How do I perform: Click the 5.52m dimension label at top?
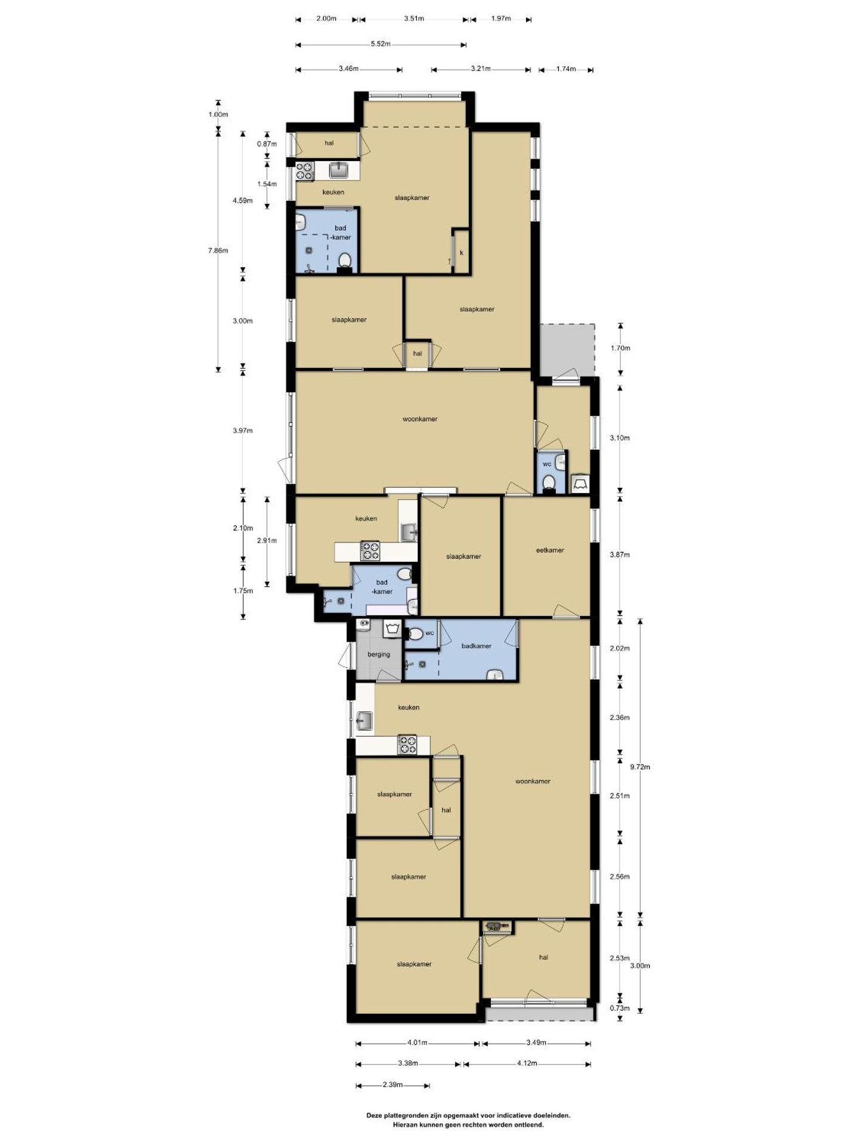[x=380, y=44]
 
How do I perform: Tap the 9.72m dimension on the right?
[x=640, y=767]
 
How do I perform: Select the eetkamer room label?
[x=549, y=550]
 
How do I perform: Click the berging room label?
[x=378, y=654]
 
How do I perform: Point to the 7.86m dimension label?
[x=218, y=250]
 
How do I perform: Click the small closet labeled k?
[x=461, y=253]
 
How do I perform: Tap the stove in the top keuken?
[x=305, y=172]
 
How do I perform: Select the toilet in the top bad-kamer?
[x=344, y=261]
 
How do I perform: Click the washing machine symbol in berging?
[x=391, y=628]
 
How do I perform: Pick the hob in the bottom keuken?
[x=407, y=745]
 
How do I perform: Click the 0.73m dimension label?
[x=620, y=1008]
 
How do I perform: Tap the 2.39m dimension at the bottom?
[x=392, y=1085]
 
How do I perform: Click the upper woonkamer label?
[x=420, y=419]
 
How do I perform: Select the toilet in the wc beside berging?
[x=415, y=633]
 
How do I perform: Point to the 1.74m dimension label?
[x=566, y=69]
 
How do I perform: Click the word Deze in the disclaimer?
[x=374, y=1115]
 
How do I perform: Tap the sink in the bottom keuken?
[x=364, y=721]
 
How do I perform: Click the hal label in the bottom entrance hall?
[x=543, y=958]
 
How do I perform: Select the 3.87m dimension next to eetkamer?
[x=619, y=555]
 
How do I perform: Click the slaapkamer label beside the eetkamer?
[x=464, y=556]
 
